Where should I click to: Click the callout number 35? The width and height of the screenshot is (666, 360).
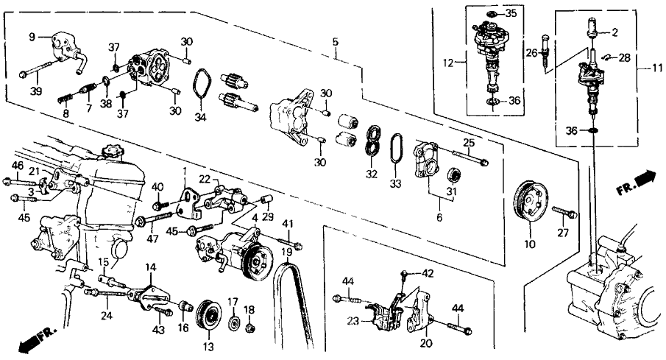point(511,13)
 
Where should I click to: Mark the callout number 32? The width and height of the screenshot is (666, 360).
point(372,174)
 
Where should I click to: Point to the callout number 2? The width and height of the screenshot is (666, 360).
point(615,32)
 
